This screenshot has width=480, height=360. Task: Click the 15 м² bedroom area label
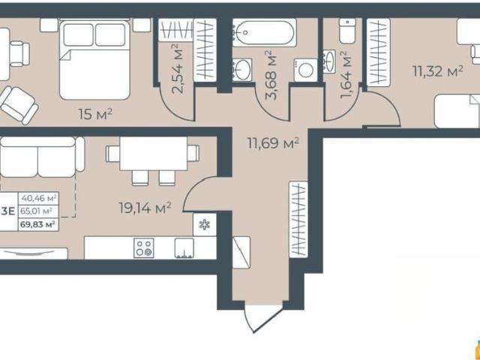(95, 114)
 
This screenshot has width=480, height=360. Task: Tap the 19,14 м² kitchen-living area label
(145, 208)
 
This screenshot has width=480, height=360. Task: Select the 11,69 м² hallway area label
(273, 143)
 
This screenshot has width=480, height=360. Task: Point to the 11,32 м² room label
(437, 71)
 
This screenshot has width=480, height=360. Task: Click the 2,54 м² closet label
(178, 68)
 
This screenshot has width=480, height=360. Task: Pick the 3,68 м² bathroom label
(271, 75)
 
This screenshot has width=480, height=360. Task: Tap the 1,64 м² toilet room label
(346, 75)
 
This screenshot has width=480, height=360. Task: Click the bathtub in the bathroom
(265, 32)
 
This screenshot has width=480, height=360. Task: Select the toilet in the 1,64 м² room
(347, 31)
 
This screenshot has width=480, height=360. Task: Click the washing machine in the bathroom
(305, 70)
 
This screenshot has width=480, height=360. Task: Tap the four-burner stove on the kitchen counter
(143, 247)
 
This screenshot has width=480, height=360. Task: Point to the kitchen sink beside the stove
(184, 247)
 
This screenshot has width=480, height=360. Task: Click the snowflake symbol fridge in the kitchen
(205, 225)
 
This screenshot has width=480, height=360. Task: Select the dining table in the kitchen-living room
(153, 153)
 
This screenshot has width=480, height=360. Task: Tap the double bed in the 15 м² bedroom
(95, 59)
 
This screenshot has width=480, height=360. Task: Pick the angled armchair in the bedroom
(18, 105)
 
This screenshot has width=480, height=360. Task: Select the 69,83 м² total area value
(37, 224)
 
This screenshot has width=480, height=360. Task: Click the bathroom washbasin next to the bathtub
(242, 70)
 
